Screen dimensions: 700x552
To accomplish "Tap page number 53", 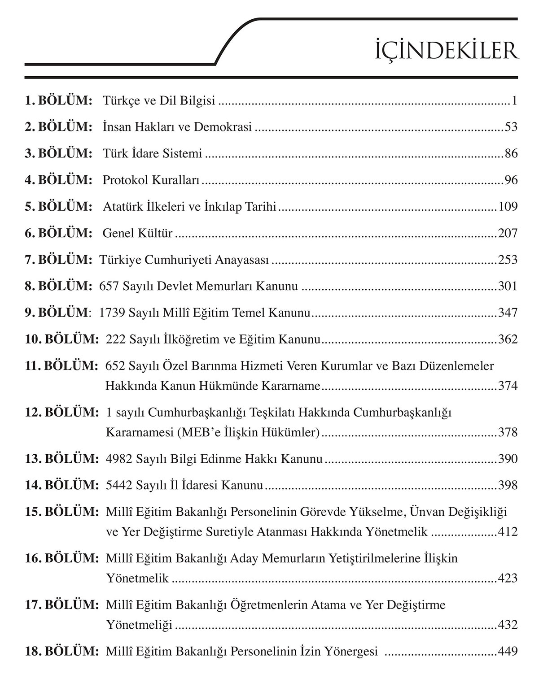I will click(x=511, y=127).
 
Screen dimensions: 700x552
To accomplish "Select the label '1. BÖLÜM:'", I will click(x=58, y=100).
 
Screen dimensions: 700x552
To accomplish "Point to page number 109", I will click(x=508, y=207).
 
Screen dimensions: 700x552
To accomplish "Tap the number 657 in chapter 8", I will click(x=108, y=286).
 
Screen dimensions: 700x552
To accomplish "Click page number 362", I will click(x=508, y=339).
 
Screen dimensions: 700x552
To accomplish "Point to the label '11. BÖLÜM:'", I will click(x=61, y=365).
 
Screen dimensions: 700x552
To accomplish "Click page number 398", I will click(x=508, y=485).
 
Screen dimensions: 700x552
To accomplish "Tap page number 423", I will click(x=508, y=578).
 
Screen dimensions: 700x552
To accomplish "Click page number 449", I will click(x=508, y=652).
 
